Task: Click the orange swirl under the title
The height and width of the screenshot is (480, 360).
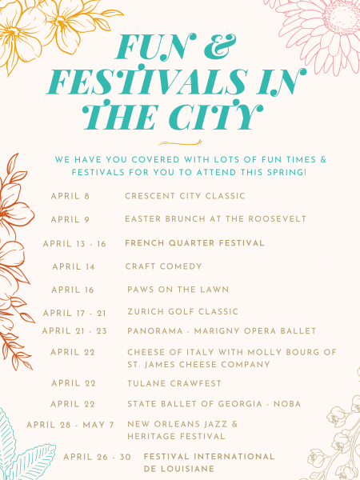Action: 180,142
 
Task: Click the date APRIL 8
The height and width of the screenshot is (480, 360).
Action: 70,196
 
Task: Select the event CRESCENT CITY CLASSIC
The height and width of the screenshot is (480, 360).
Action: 185,196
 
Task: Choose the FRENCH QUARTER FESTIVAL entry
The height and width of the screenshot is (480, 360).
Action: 194,243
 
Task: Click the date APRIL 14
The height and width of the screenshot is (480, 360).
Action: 74,266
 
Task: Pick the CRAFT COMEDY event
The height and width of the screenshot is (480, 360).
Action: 163,266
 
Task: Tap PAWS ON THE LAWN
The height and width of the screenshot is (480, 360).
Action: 178,290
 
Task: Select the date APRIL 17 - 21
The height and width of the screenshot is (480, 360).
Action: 74,313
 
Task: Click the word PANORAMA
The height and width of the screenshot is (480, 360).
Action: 155,331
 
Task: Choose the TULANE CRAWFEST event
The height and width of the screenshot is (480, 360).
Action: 174,383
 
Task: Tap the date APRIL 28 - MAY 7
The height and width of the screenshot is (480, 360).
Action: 70,425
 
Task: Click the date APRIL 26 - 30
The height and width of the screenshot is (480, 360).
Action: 97,457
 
